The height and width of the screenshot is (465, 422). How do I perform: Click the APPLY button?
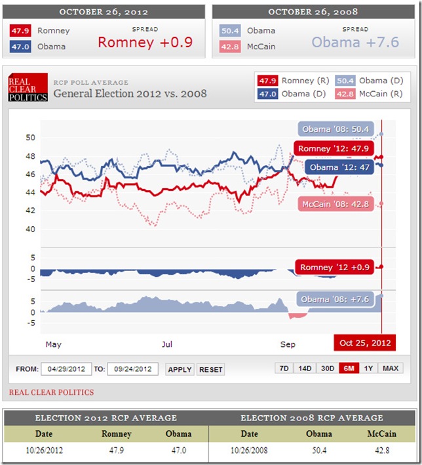180,369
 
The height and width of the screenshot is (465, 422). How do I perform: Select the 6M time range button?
348,369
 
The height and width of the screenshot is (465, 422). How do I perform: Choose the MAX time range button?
391,369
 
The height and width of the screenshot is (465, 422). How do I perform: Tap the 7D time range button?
284,369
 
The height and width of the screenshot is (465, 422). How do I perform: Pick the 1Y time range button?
369,369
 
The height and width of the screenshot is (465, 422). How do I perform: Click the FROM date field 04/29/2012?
66,369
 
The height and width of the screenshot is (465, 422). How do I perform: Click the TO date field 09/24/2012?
133,369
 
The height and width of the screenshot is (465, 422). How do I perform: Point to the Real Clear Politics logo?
28,89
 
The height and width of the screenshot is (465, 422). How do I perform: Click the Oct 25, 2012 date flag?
365,343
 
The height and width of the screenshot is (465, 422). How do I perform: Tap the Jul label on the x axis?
167,344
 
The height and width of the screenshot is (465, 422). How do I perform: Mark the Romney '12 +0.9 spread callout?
334,267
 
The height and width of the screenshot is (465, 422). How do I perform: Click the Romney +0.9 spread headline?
145,42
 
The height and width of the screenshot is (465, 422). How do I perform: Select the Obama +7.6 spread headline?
355,42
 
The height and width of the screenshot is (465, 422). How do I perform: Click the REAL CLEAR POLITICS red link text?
51,392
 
